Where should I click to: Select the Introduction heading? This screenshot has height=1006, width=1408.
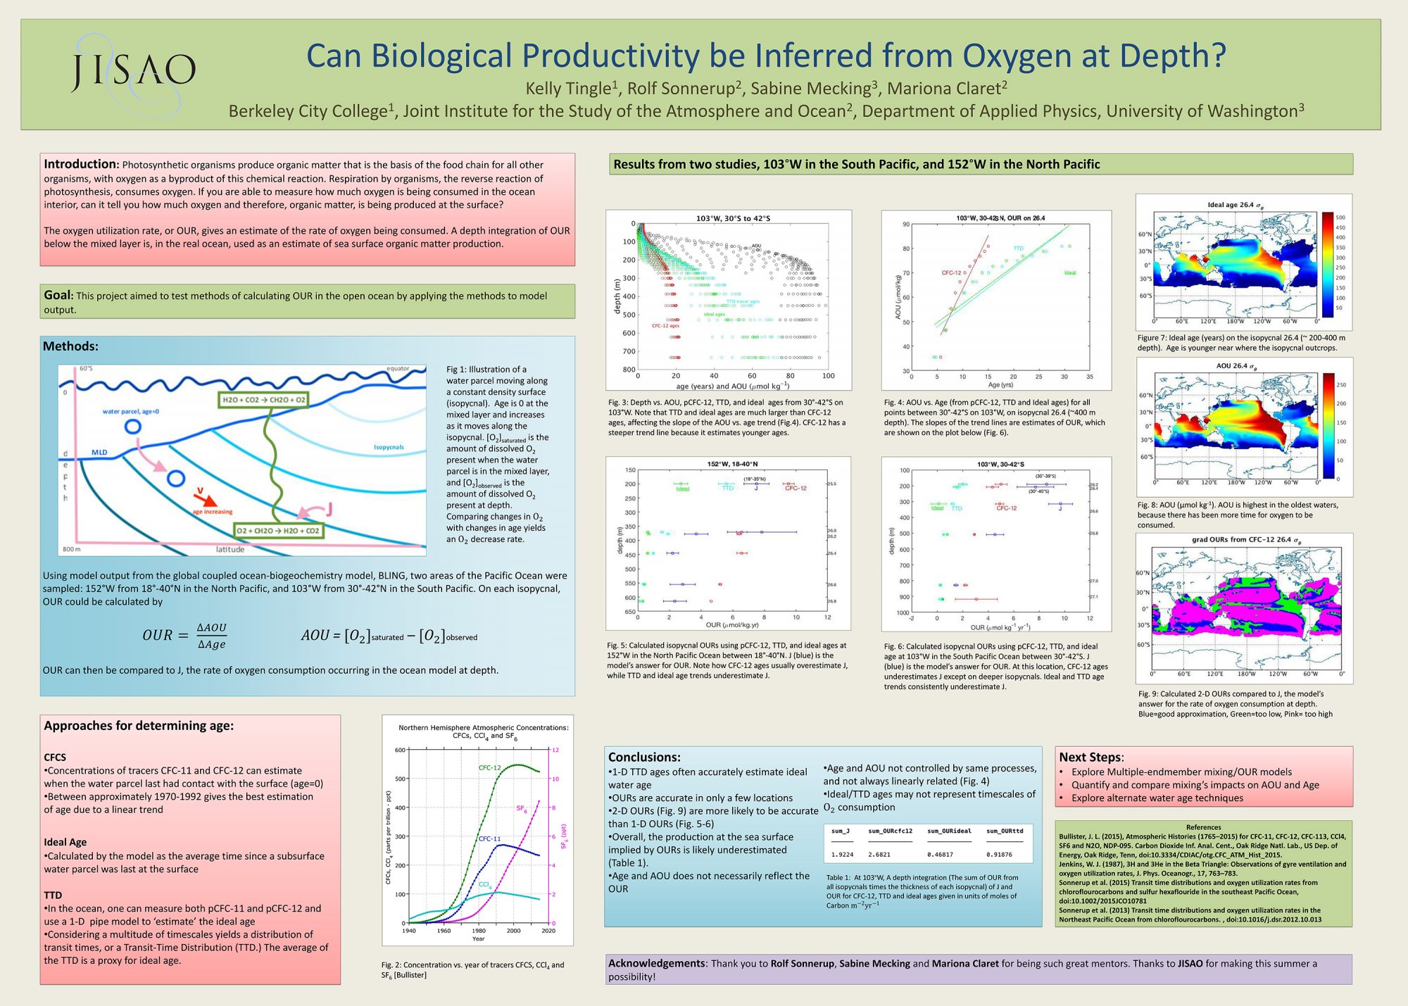[80, 164]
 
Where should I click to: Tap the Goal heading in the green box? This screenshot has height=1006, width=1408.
[58, 295]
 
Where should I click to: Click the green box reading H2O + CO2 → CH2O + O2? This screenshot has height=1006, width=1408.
[264, 400]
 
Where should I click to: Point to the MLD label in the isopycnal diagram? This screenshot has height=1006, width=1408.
[99, 452]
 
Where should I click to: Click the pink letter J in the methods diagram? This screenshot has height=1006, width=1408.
[328, 508]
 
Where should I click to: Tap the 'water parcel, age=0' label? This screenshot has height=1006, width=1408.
[131, 411]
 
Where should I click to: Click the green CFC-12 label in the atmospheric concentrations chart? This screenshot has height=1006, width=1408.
[489, 767]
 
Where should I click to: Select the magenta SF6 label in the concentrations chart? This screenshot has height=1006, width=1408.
[522, 809]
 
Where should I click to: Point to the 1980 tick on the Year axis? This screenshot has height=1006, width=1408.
[479, 931]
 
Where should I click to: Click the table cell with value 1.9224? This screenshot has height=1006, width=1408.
[842, 855]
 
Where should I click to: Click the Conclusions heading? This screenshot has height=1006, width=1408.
[644, 757]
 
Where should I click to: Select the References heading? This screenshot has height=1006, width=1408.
[1203, 827]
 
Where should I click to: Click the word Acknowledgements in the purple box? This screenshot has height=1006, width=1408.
[656, 963]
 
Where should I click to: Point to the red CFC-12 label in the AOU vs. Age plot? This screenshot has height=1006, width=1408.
[951, 272]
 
